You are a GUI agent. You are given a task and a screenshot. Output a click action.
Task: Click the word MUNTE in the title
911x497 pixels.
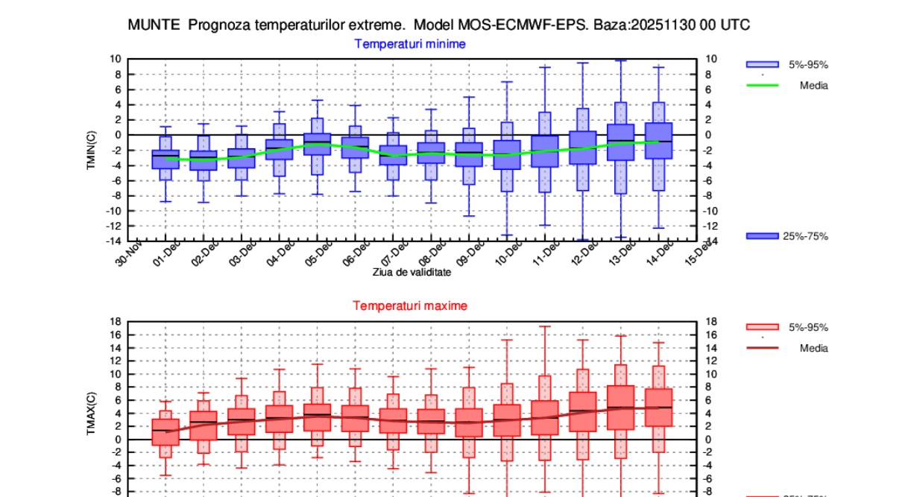pyautogui.click(x=154, y=25)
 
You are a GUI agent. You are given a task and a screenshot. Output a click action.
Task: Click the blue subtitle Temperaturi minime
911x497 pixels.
pyautogui.click(x=410, y=44)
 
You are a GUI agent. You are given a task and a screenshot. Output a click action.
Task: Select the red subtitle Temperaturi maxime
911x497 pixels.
pyautogui.click(x=410, y=306)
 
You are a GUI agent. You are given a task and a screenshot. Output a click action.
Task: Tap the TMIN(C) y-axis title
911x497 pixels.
pyautogui.click(x=91, y=151)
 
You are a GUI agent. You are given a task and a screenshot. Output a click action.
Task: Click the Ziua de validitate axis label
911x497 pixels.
pyautogui.click(x=412, y=273)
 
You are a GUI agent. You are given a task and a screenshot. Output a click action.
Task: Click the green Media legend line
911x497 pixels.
pyautogui.click(x=762, y=86)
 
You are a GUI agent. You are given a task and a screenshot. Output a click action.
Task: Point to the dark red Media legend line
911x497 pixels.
pyautogui.click(x=762, y=348)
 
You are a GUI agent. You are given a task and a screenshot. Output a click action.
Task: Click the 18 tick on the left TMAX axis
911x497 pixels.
pyautogui.click(x=116, y=321)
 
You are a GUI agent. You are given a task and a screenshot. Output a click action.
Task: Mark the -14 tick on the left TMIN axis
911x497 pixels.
pyautogui.click(x=113, y=241)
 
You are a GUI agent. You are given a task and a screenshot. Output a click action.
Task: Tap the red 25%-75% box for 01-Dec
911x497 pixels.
pyautogui.click(x=166, y=432)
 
